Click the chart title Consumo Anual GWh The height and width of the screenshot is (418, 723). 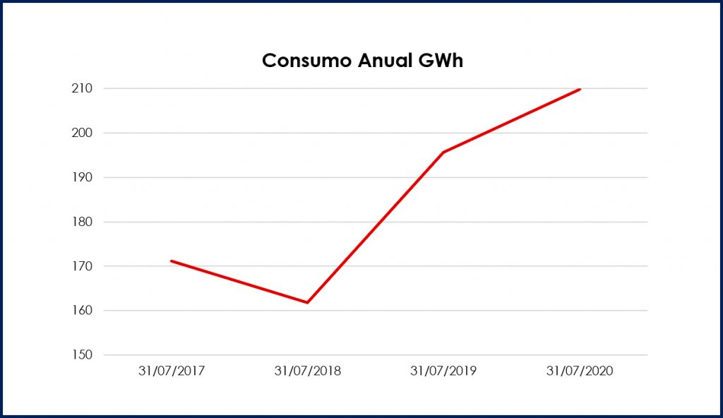click(362, 61)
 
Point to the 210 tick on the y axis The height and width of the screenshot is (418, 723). click(83, 88)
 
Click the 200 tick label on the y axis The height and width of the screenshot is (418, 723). click(83, 133)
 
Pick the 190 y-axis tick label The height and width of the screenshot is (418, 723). click(83, 177)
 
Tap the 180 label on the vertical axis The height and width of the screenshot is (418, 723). click(83, 222)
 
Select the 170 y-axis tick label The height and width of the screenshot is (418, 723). click(83, 266)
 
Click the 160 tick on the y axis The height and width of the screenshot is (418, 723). click(83, 311)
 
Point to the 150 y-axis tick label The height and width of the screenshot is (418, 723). click(83, 355)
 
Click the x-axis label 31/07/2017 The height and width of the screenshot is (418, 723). click(171, 371)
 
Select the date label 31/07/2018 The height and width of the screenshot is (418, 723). click(307, 371)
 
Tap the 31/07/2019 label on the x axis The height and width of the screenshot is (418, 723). click(443, 371)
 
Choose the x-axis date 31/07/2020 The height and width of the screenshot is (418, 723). click(580, 371)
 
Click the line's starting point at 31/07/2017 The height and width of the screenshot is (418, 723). click(172, 261)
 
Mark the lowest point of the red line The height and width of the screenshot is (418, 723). click(307, 302)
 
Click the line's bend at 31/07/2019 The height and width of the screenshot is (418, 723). click(443, 153)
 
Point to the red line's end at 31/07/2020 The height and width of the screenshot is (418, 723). click(580, 89)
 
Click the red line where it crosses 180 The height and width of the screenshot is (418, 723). click(380, 222)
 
